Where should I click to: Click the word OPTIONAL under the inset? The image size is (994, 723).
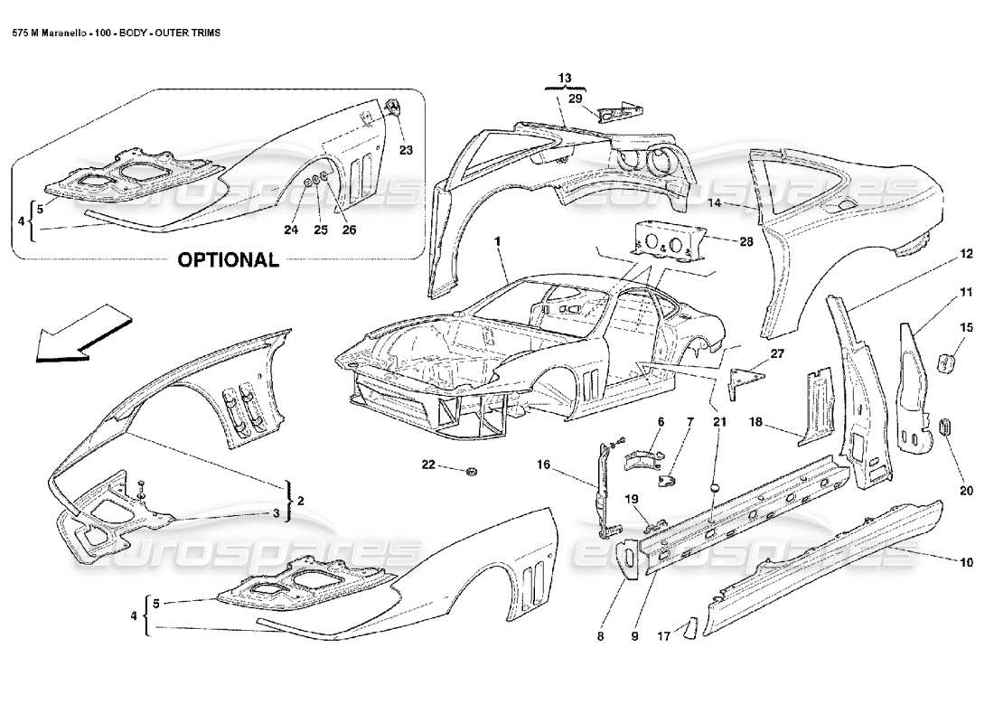[x=228, y=260]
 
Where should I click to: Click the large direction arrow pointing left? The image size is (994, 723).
[x=78, y=334]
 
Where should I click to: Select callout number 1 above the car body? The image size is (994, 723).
[x=497, y=242]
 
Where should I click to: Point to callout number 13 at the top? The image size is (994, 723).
[x=565, y=79]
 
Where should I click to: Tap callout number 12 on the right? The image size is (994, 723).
[x=966, y=255]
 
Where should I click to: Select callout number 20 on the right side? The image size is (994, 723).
[x=966, y=492]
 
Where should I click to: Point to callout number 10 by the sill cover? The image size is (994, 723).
[x=966, y=562]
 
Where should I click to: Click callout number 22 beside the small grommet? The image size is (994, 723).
[x=428, y=465]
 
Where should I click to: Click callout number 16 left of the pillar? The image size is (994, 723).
[x=543, y=465]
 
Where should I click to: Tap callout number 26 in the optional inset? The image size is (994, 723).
[x=349, y=230]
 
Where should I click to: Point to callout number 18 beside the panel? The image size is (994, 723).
[x=755, y=422]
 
